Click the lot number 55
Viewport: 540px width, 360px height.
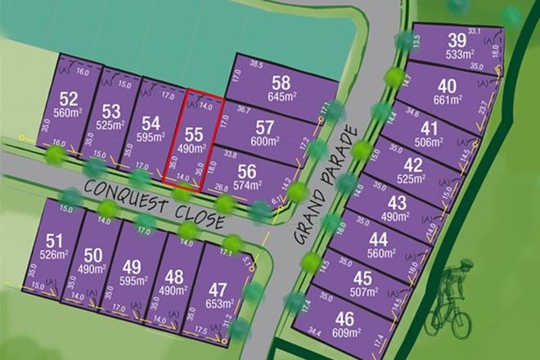[x=194, y=133]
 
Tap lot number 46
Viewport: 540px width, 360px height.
[x=345, y=318]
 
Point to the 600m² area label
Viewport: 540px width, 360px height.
[x=264, y=142]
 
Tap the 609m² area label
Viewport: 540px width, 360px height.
[x=347, y=333]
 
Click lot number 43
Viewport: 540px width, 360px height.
[x=397, y=203]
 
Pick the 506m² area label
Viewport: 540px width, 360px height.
[x=427, y=140]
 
